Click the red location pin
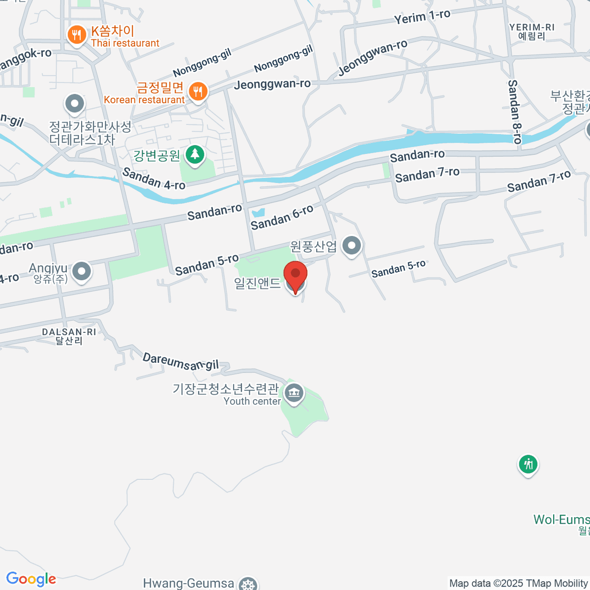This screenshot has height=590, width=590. pos(295,275)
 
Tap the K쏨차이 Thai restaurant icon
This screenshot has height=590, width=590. pos(76,35)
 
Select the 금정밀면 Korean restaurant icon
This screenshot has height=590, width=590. pos(198,91)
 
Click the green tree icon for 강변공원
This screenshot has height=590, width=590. pos(195,155)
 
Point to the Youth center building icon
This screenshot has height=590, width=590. pos(294,393)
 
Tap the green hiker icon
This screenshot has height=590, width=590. pos(528,464)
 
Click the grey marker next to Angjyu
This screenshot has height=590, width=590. pos(82,271)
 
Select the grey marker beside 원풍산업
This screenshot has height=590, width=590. pos(351,245)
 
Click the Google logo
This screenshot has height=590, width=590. pos(31,579)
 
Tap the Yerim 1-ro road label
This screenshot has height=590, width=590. pos(422,17)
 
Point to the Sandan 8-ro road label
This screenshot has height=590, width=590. pos(514,112)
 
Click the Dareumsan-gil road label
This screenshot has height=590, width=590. pos(180,362)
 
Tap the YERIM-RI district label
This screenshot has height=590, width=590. pos(531,31)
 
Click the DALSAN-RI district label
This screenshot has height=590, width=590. pos(69,336)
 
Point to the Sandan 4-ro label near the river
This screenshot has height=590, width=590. pos(153,178)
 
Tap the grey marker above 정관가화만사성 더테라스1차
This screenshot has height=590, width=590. pos(75,104)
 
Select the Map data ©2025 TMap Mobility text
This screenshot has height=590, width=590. pos(518,583)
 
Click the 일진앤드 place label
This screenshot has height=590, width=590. pos(257,283)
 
